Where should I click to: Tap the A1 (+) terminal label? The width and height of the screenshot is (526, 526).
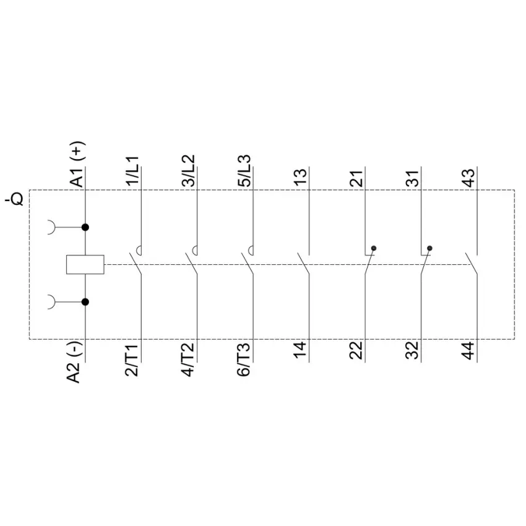77,164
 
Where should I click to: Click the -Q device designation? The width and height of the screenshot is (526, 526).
14,199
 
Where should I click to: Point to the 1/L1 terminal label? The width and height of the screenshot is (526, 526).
132,170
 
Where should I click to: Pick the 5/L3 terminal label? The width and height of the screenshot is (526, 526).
244,170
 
